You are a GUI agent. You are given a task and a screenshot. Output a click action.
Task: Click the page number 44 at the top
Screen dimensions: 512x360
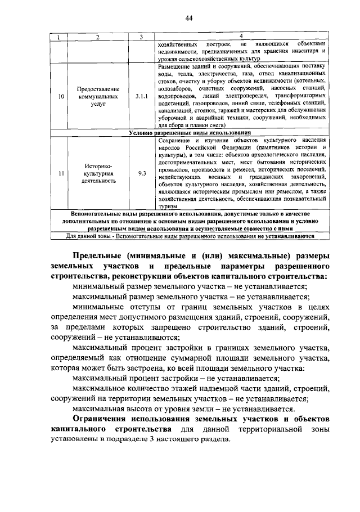coord(190,19)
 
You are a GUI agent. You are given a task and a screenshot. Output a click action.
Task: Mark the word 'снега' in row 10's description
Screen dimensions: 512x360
coord(215,126)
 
